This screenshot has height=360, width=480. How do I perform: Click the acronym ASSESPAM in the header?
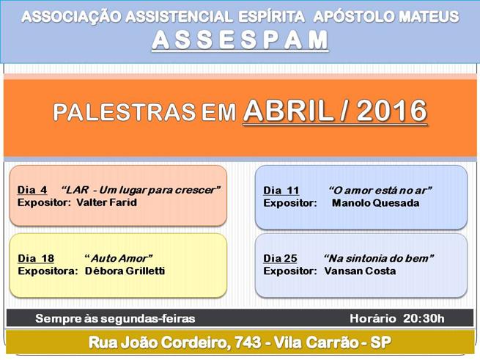coord(240,40)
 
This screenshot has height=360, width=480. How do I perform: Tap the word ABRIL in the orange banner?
coord(288,111)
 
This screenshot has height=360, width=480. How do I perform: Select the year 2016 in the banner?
coord(392,111)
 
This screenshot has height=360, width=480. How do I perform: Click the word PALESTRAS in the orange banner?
coord(124,112)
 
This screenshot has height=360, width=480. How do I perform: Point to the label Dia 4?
coord(32,190)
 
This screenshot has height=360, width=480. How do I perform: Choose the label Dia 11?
coord(281,191)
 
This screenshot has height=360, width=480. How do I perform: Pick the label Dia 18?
coord(36,258)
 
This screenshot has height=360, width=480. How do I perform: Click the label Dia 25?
coord(280,258)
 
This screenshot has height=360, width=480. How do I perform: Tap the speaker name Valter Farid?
coord(106,202)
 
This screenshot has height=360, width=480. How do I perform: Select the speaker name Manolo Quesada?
coord(376,203)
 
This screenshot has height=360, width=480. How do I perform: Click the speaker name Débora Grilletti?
coord(125,271)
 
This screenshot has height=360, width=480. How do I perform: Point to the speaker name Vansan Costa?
coord(360,271)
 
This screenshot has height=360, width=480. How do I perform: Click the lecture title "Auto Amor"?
coord(119,258)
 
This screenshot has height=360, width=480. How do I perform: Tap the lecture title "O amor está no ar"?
coord(380,191)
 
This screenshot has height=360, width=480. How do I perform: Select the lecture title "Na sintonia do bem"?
coord(379,258)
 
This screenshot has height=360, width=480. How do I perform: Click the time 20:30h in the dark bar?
coord(424,318)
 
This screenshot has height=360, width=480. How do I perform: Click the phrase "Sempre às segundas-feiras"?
coord(115,318)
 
